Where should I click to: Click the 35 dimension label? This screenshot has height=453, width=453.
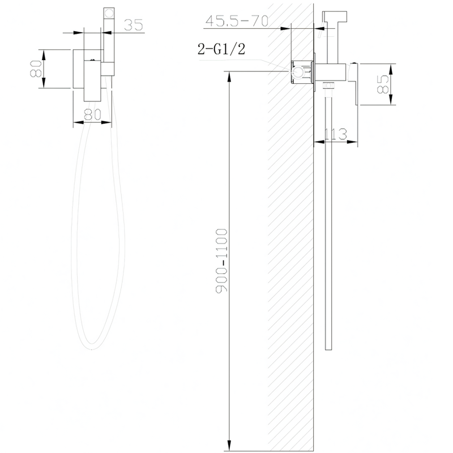coord(134,25)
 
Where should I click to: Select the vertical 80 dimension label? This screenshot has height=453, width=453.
coord(36,69)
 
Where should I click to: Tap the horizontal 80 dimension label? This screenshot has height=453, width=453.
coord(92,114)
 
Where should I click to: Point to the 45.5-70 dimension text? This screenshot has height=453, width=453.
coord(237,21)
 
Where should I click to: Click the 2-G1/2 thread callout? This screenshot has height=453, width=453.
coord(221,49)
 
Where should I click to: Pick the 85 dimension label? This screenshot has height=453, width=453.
coord(383,84)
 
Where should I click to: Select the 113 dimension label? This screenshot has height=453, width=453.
coord(336,134)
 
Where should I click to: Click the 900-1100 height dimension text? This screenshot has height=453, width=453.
coord(221,260)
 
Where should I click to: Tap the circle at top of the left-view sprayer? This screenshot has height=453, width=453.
coord(109,13)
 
